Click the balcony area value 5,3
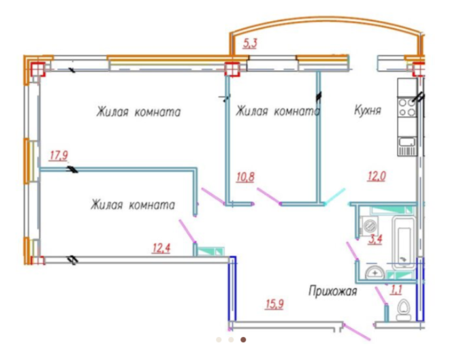click(x=250, y=46)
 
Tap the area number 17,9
click(x=59, y=155)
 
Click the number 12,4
click(x=161, y=248)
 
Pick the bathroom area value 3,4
click(x=375, y=239)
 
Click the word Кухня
click(x=367, y=110)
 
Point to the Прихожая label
click(x=333, y=289)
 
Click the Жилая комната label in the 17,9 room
click(x=138, y=112)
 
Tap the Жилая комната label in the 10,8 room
click(x=278, y=111)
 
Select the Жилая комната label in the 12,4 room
click(x=133, y=204)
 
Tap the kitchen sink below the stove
click(x=407, y=142)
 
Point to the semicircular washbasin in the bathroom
click(x=374, y=274)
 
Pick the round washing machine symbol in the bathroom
click(x=368, y=225)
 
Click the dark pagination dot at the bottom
click(x=243, y=339)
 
